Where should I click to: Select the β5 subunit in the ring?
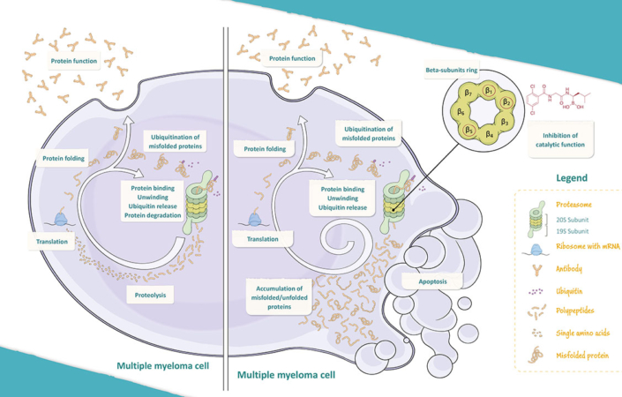(468, 131)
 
